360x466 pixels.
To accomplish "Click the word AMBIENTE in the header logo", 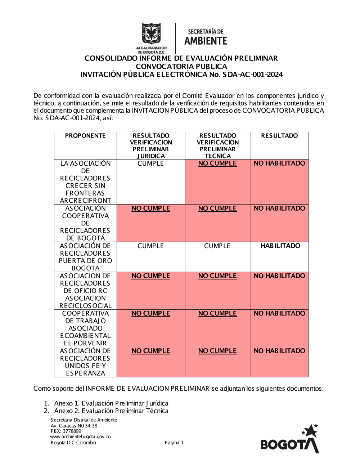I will point(206,41).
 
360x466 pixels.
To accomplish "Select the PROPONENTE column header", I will point(85,136).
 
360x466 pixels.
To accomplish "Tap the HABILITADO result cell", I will point(280,246).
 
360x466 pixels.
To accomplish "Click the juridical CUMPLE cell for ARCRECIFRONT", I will point(150,163).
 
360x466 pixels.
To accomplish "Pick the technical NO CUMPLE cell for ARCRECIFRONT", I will point(217,163).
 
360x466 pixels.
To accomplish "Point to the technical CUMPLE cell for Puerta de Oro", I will point(217,246).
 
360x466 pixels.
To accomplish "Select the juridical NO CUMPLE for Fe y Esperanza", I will point(150,351).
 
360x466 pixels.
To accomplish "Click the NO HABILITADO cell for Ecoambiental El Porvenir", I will point(279,314).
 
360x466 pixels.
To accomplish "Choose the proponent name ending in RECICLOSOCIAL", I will point(85,291).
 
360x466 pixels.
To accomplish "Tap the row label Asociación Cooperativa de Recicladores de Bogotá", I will point(85,223).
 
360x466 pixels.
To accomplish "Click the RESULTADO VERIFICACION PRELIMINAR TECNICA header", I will point(217,145).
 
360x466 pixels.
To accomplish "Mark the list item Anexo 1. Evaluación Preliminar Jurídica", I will point(111,403).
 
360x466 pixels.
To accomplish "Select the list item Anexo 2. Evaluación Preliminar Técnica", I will point(111,411).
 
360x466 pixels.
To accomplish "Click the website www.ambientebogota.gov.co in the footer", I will point(80,436).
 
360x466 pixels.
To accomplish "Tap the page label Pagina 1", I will point(174,443).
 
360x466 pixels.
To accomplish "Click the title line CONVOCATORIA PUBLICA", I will point(181,67).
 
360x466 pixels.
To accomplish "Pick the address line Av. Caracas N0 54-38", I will point(74,426).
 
